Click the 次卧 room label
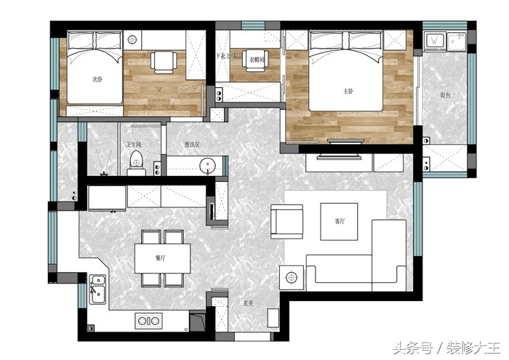tap(97, 79)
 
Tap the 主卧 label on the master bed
tap(348, 92)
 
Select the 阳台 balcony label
tap(444, 95)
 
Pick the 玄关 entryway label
tap(248, 302)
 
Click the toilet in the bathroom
tap(136, 164)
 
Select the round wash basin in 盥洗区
tap(209, 165)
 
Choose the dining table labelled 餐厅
tap(161, 258)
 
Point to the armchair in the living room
tap(286, 221)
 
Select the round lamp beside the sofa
tap(293, 277)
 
